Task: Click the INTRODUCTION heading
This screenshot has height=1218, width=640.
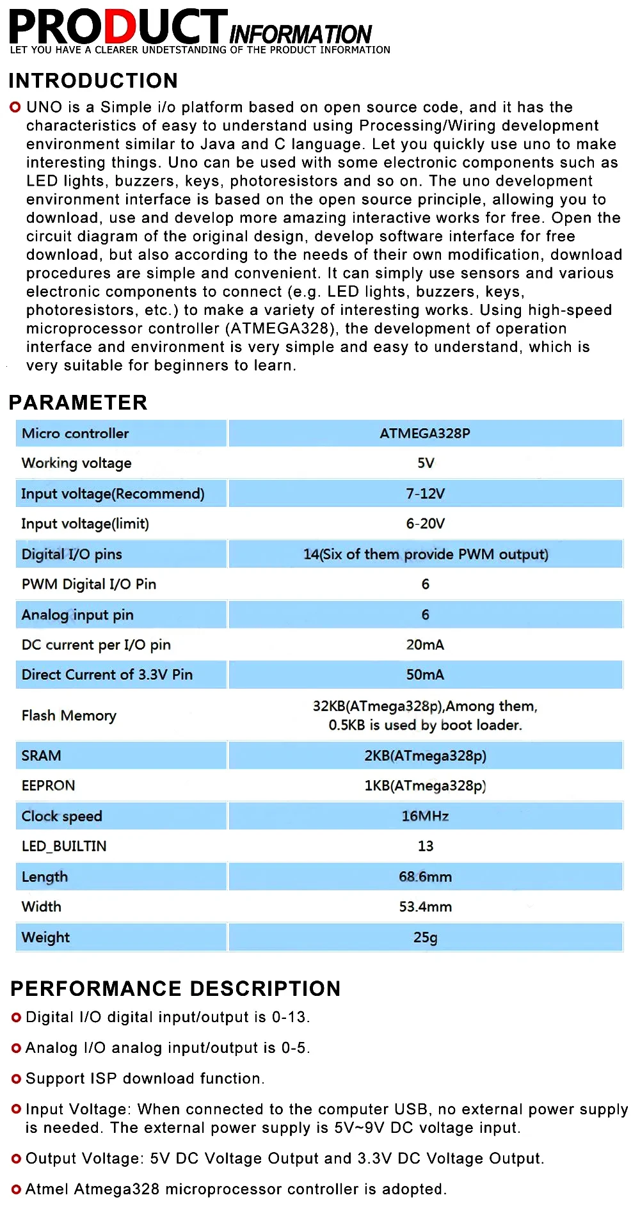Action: pyautogui.click(x=93, y=81)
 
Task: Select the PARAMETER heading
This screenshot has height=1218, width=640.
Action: pyautogui.click(x=78, y=403)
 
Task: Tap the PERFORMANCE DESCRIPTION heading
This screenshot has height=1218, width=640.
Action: pyautogui.click(x=175, y=989)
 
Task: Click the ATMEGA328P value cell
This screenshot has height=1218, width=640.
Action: pyautogui.click(x=425, y=433)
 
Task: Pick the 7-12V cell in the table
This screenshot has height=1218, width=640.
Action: pyautogui.click(x=425, y=493)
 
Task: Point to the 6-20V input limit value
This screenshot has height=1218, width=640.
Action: pyautogui.click(x=425, y=524)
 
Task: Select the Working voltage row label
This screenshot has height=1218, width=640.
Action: pyautogui.click(x=77, y=463)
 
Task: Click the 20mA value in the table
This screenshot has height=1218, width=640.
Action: pyautogui.click(x=425, y=645)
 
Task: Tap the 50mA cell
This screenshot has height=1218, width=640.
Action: pyautogui.click(x=425, y=675)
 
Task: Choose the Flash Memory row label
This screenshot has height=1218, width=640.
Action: pyautogui.click(x=69, y=716)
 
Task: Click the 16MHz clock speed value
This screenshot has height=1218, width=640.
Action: pyautogui.click(x=425, y=816)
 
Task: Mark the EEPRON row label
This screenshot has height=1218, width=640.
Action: pyautogui.click(x=49, y=785)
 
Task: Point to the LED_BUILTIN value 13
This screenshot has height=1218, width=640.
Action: pyautogui.click(x=426, y=846)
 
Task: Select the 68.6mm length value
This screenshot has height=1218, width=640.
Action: pyautogui.click(x=425, y=876)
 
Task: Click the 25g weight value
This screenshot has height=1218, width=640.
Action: pyautogui.click(x=425, y=938)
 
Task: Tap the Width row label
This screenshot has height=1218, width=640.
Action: pyautogui.click(x=42, y=907)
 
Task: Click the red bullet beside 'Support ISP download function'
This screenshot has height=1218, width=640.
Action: pyautogui.click(x=17, y=1079)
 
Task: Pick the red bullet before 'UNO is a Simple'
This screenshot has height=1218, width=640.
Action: pyautogui.click(x=15, y=108)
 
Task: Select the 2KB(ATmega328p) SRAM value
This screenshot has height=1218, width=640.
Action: pyautogui.click(x=425, y=756)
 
